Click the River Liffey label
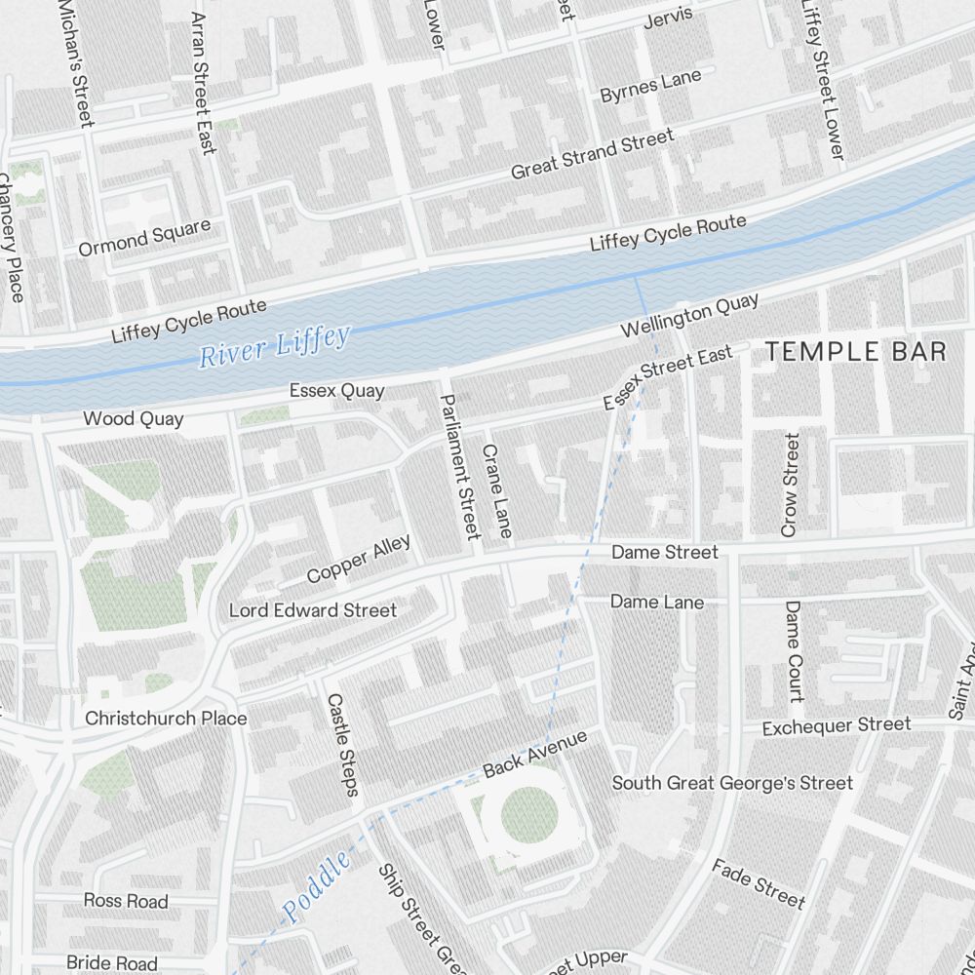point(274,347)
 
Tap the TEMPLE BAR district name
point(855,352)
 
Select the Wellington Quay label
point(690,316)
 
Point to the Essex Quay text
point(336,391)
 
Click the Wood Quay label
point(133,419)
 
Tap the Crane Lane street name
point(496,490)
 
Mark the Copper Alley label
point(358,561)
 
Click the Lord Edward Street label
point(312,610)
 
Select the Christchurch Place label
point(166,719)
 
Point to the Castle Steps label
point(343,744)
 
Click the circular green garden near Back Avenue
point(527,814)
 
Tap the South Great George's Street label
point(732,783)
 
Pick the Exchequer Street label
point(836,726)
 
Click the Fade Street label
point(759,882)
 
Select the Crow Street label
point(790,486)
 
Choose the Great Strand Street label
point(592,154)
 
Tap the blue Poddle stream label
point(317,887)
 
